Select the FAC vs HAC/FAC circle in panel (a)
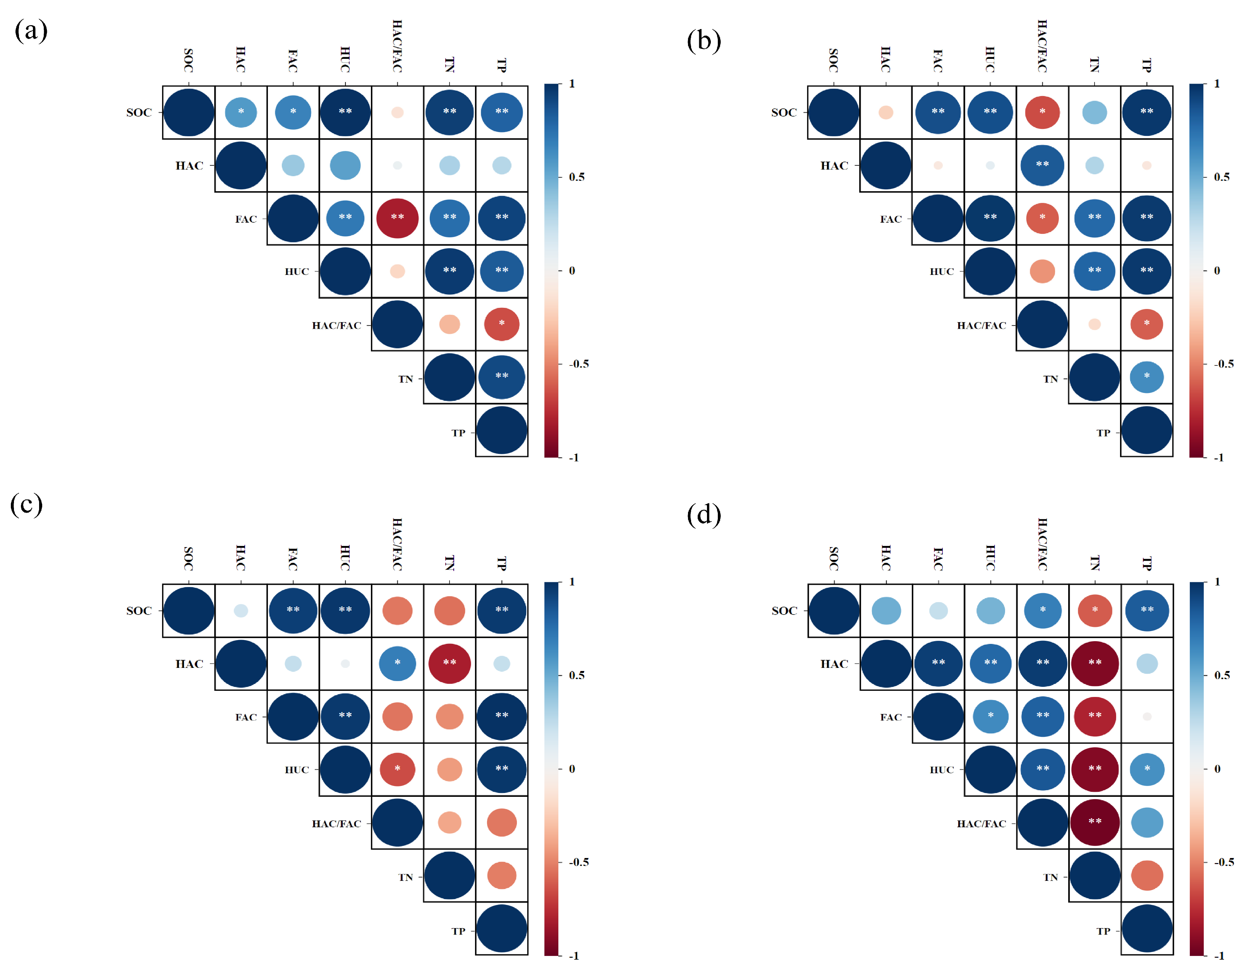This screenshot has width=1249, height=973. pyautogui.click(x=398, y=218)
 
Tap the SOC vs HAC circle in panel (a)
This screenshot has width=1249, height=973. pyautogui.click(x=241, y=112)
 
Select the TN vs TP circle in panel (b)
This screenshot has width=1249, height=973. pyautogui.click(x=1147, y=377)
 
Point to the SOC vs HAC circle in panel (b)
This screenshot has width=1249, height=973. pyautogui.click(x=885, y=112)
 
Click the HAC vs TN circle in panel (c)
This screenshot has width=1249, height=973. pyautogui.click(x=450, y=664)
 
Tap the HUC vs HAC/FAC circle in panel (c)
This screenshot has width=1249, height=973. pyautogui.click(x=398, y=769)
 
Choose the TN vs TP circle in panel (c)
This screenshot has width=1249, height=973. pyautogui.click(x=501, y=875)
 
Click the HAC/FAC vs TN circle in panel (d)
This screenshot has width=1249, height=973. pyautogui.click(x=1095, y=822)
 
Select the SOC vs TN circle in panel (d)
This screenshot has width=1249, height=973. pyautogui.click(x=1095, y=610)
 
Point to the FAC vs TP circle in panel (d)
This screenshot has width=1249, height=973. pyautogui.click(x=1147, y=716)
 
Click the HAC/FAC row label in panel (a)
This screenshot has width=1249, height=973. pyautogui.click(x=336, y=326)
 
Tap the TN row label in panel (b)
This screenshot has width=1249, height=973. pyautogui.click(x=1050, y=379)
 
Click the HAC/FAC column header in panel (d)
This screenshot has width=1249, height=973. pyautogui.click(x=1042, y=544)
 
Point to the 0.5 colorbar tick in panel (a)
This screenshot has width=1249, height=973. pyautogui.click(x=576, y=177)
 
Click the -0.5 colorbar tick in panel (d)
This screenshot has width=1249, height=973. pyautogui.click(x=1224, y=862)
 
